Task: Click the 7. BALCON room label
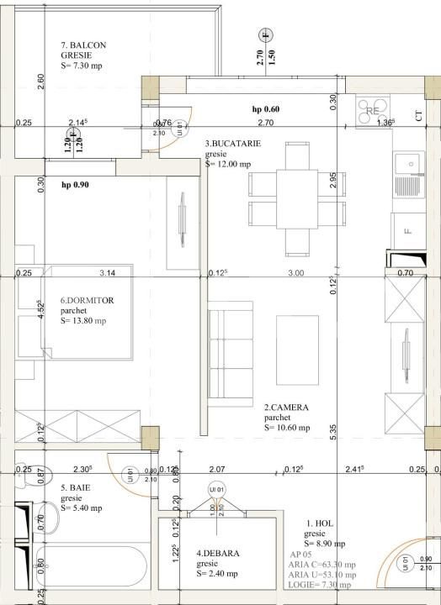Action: [83, 45]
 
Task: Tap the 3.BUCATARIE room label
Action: [233, 144]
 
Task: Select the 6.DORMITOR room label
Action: [87, 300]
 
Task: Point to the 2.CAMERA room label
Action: [286, 408]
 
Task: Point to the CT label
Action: [419, 117]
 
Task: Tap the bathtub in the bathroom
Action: [93, 578]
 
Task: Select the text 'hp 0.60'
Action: [266, 109]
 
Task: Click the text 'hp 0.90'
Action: [75, 183]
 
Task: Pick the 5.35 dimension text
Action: [334, 433]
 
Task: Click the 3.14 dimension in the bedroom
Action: [107, 272]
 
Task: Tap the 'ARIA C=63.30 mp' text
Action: [321, 565]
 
